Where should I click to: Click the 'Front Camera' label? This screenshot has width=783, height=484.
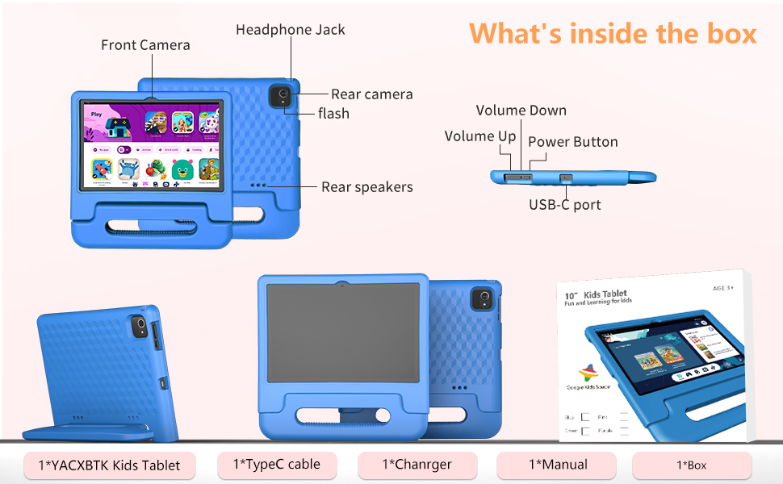coord(145,45)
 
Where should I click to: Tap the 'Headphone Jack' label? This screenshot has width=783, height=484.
coord(290,30)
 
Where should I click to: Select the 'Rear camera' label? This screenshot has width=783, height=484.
coord(371,94)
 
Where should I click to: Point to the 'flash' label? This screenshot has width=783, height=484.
coord(333,114)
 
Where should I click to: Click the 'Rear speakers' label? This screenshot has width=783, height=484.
coord(366,187)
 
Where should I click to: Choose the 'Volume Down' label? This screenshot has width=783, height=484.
coord(521,111)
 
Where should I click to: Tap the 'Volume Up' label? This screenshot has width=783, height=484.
coord(479,136)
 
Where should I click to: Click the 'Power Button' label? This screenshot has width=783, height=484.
coord(572,142)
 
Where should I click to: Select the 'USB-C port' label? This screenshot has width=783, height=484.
coord(564,205)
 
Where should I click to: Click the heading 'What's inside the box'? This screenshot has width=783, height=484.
coord(613,33)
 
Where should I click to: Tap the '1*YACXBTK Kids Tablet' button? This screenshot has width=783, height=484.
coord(109,465)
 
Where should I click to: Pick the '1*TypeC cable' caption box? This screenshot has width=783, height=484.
coord(276,465)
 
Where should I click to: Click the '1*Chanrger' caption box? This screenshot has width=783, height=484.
coord(417,465)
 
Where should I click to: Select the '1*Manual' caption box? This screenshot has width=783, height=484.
coord(557,465)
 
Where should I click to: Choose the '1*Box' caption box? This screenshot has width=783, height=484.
coord(691,465)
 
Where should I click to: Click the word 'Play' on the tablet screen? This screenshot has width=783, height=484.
coord(96,114)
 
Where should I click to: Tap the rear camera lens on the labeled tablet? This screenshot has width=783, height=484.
coord(283,96)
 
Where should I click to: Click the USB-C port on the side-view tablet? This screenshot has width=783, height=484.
coord(566,177)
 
